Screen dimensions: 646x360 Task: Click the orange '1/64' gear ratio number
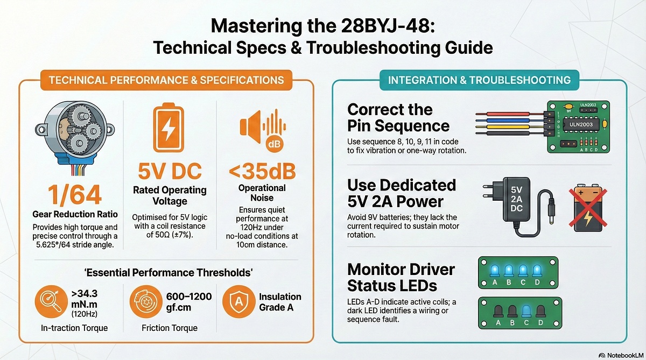click(x=75, y=195)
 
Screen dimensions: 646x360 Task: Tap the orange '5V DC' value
click(x=170, y=171)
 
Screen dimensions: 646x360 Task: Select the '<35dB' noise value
click(x=262, y=171)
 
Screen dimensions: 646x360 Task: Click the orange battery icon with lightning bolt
click(x=168, y=128)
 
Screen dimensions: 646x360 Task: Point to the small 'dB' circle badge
click(x=273, y=144)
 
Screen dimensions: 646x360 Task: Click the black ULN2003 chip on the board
click(x=581, y=125)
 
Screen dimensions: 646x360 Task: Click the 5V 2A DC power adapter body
click(x=516, y=199)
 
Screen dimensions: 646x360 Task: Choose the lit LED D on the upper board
click(x=537, y=271)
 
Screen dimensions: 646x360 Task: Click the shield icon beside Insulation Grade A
click(x=239, y=301)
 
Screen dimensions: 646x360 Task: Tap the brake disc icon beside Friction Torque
click(x=146, y=301)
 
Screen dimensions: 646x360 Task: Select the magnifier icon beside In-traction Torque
click(x=51, y=301)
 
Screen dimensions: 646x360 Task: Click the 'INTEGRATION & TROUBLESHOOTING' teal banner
click(x=479, y=80)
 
